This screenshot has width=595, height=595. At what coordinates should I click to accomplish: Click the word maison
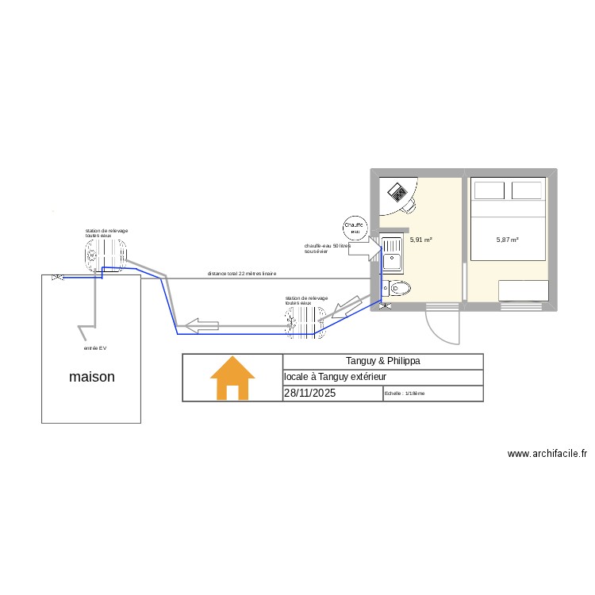click(x=92, y=377)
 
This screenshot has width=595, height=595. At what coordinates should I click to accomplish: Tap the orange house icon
click(x=232, y=378)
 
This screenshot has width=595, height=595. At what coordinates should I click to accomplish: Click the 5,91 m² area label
click(x=420, y=239)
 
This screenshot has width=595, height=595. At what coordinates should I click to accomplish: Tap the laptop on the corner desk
click(x=397, y=193)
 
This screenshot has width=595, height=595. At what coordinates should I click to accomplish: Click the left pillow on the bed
click(x=489, y=190)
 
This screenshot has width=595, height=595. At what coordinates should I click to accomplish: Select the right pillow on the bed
click(x=527, y=190)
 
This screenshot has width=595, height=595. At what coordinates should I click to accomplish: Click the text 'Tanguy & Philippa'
click(x=383, y=361)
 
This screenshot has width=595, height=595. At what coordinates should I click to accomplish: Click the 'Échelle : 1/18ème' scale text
click(x=405, y=393)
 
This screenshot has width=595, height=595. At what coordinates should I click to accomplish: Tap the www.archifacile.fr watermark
click(x=547, y=455)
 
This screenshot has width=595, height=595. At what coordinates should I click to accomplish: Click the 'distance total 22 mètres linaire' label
click(x=242, y=274)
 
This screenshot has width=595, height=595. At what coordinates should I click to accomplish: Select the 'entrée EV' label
click(x=94, y=347)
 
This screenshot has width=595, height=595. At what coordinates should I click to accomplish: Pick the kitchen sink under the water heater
click(x=393, y=253)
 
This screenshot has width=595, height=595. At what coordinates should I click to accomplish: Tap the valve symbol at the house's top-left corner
click(x=56, y=278)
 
